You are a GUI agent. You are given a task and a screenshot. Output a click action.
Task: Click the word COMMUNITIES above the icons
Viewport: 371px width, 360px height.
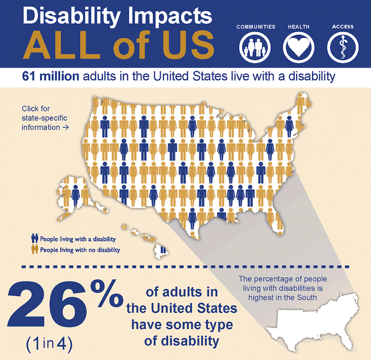[256, 26]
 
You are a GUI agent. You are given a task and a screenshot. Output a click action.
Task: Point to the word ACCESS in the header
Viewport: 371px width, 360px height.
[342, 26]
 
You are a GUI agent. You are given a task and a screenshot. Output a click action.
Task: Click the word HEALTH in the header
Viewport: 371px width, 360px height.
[298, 26]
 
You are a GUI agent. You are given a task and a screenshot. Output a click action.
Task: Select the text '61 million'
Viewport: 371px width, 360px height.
[51, 76]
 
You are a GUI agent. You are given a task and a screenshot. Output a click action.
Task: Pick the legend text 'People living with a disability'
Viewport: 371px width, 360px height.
[77, 239]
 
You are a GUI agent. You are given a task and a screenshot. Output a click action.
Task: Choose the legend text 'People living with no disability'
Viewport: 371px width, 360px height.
[80, 249]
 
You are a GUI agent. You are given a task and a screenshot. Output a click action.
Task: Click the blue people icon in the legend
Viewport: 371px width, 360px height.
[35, 239]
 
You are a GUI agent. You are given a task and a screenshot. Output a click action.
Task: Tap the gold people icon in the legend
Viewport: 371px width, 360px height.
[35, 249]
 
